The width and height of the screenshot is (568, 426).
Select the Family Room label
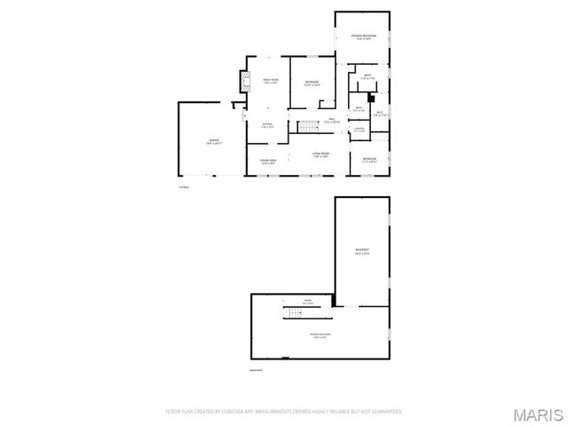(x=270, y=81)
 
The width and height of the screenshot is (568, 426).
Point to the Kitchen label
(x=267, y=125)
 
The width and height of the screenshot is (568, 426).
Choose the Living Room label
(x=321, y=155)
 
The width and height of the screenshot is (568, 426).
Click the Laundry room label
(x=359, y=130)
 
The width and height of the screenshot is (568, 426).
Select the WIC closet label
(x=379, y=113)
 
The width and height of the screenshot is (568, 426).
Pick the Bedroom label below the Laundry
(x=369, y=161)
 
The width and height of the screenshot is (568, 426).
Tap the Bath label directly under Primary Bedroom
(x=367, y=76)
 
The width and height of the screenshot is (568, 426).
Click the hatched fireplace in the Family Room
(x=249, y=82)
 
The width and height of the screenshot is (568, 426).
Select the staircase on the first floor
(x=307, y=126)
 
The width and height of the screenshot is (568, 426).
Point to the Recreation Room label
(x=319, y=335)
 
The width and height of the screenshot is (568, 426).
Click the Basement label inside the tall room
(x=362, y=251)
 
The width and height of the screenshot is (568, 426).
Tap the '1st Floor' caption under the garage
(x=185, y=186)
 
